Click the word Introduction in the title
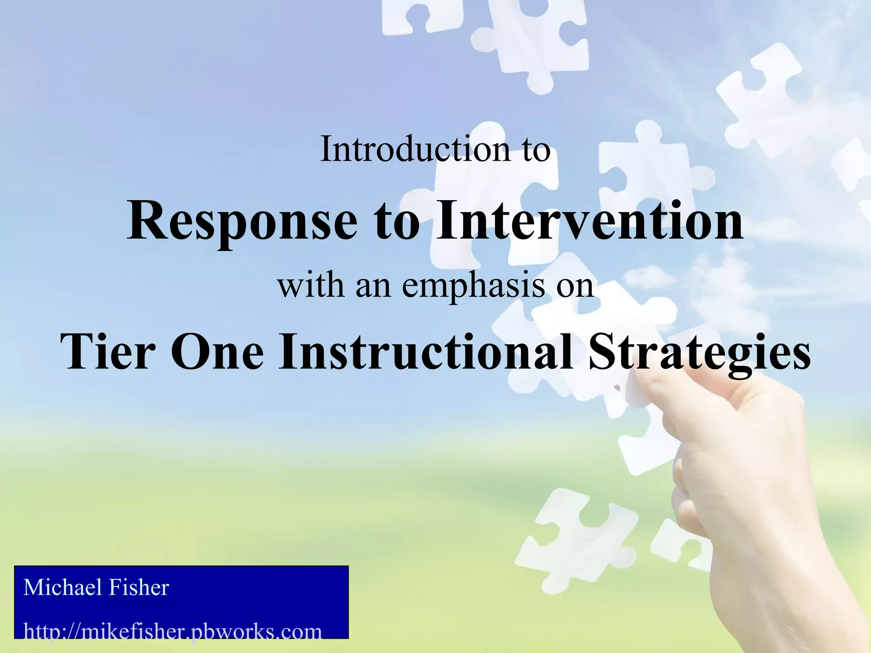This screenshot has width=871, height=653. click(x=415, y=149)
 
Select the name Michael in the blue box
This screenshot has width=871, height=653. click(x=63, y=588)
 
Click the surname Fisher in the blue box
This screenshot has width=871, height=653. click(x=139, y=588)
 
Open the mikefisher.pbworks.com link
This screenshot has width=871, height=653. click(x=172, y=632)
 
